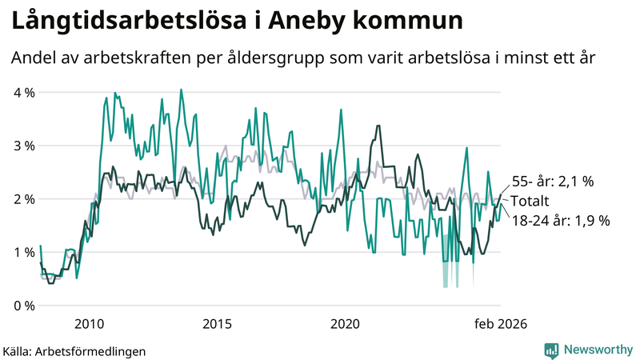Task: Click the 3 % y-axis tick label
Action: (25, 146)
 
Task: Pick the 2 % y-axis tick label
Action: (25, 199)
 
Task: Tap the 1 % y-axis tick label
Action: (25, 252)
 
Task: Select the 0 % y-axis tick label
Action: (25, 306)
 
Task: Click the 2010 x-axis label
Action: (89, 323)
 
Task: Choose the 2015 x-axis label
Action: (217, 323)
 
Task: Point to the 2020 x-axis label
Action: (345, 323)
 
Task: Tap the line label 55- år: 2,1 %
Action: (552, 182)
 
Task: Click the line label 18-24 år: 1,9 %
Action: (560, 220)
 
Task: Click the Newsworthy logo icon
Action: (552, 350)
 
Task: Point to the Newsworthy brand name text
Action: (598, 350)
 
